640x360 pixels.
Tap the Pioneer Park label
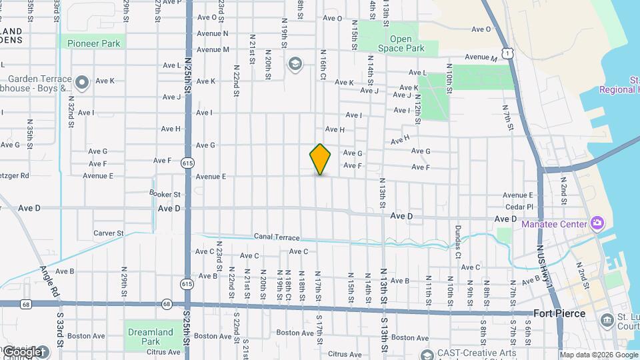click(93, 43)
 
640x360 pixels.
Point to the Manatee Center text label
click(555, 224)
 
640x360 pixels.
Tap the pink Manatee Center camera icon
click(597, 223)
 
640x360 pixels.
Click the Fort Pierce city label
click(559, 313)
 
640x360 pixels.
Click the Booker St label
click(165, 194)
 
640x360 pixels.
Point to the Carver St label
click(109, 233)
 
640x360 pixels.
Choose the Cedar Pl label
click(521, 207)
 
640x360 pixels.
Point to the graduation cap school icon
click(294, 64)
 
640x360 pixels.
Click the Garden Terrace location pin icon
click(82, 83)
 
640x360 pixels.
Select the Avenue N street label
click(213, 33)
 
